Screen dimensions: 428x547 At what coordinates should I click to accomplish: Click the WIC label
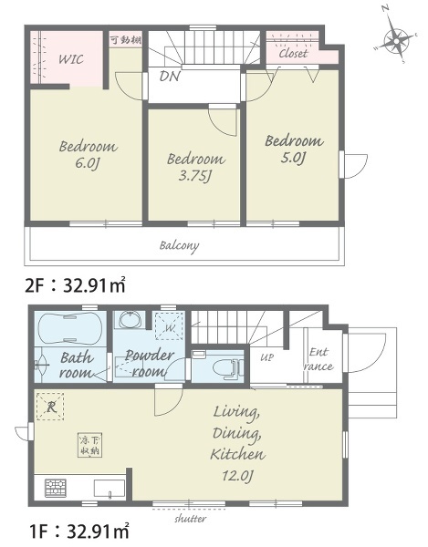pos(71,59)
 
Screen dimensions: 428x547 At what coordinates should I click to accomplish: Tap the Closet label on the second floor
pos(293,54)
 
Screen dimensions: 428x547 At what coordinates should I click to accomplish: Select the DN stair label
pos(170,76)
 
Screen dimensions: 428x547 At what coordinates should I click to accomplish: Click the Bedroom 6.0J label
pos(88,155)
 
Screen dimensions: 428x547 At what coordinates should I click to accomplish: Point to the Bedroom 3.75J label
pos(196,167)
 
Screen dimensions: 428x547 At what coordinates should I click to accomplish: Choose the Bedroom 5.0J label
pos(294,149)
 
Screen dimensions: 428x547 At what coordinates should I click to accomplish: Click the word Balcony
pos(179,245)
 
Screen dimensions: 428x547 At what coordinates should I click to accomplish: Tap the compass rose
pos(396,39)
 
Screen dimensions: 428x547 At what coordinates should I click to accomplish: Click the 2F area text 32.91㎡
pos(94,285)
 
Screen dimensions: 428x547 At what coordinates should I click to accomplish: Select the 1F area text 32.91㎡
pos(98,532)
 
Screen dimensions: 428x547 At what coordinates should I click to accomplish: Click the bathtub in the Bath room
pos(70,328)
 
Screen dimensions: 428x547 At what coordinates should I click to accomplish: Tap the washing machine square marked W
pos(170,326)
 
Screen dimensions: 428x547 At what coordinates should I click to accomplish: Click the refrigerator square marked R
pos(50,407)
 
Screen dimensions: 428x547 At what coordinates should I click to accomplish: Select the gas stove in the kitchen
pos(56,488)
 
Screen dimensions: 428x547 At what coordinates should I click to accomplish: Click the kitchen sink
pos(110,488)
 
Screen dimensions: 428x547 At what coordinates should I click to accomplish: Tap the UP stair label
pos(266,357)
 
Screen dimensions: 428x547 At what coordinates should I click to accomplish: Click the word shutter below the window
pos(190,519)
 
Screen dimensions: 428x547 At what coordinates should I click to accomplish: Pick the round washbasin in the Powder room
pos(130,320)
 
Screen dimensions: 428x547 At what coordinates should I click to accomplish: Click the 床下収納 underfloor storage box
pos(90,445)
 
